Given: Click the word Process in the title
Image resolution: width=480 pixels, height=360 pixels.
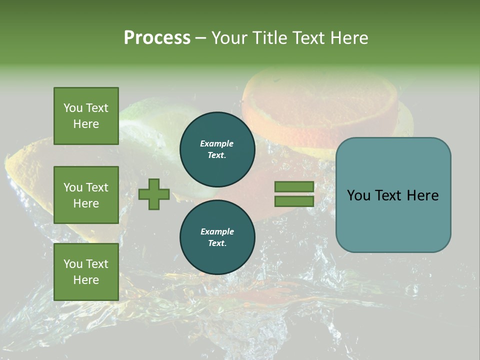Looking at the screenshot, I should (157, 38).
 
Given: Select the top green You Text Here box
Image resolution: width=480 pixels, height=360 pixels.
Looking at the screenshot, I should (86, 116).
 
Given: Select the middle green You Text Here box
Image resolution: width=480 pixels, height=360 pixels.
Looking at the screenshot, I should (86, 195).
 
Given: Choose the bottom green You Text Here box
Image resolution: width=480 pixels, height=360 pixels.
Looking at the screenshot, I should (86, 272).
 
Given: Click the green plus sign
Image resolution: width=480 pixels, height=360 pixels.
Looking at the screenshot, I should (154, 194).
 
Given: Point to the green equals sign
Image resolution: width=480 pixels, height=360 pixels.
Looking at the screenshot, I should (294, 194).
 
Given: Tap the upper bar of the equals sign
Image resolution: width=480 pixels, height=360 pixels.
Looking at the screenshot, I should (294, 187).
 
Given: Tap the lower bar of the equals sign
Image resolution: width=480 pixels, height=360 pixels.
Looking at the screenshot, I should (294, 201).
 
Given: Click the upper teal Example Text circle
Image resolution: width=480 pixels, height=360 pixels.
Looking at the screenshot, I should (217, 149).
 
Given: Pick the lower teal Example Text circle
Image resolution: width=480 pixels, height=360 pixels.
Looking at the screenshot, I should (217, 237).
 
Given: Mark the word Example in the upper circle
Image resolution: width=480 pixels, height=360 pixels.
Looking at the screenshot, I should (217, 143).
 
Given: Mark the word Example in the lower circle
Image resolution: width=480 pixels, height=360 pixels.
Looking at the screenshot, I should (217, 231).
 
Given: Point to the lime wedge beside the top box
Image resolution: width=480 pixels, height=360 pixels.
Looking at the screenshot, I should (150, 125).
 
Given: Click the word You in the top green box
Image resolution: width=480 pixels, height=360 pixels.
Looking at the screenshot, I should (72, 108).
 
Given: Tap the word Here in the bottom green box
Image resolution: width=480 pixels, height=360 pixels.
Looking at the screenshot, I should (86, 280).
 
